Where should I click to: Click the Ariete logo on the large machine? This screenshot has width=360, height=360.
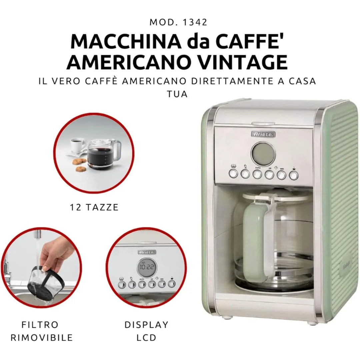[x=263, y=134]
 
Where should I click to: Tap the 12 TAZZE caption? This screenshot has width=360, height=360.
[x=94, y=207]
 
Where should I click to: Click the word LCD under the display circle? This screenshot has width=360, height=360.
[x=146, y=337]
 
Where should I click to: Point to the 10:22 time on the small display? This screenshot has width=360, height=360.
[x=147, y=267]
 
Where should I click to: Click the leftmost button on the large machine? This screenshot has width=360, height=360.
[x=233, y=173]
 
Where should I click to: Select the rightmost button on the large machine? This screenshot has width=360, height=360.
[x=293, y=175]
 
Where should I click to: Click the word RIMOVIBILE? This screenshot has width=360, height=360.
[x=42, y=337]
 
